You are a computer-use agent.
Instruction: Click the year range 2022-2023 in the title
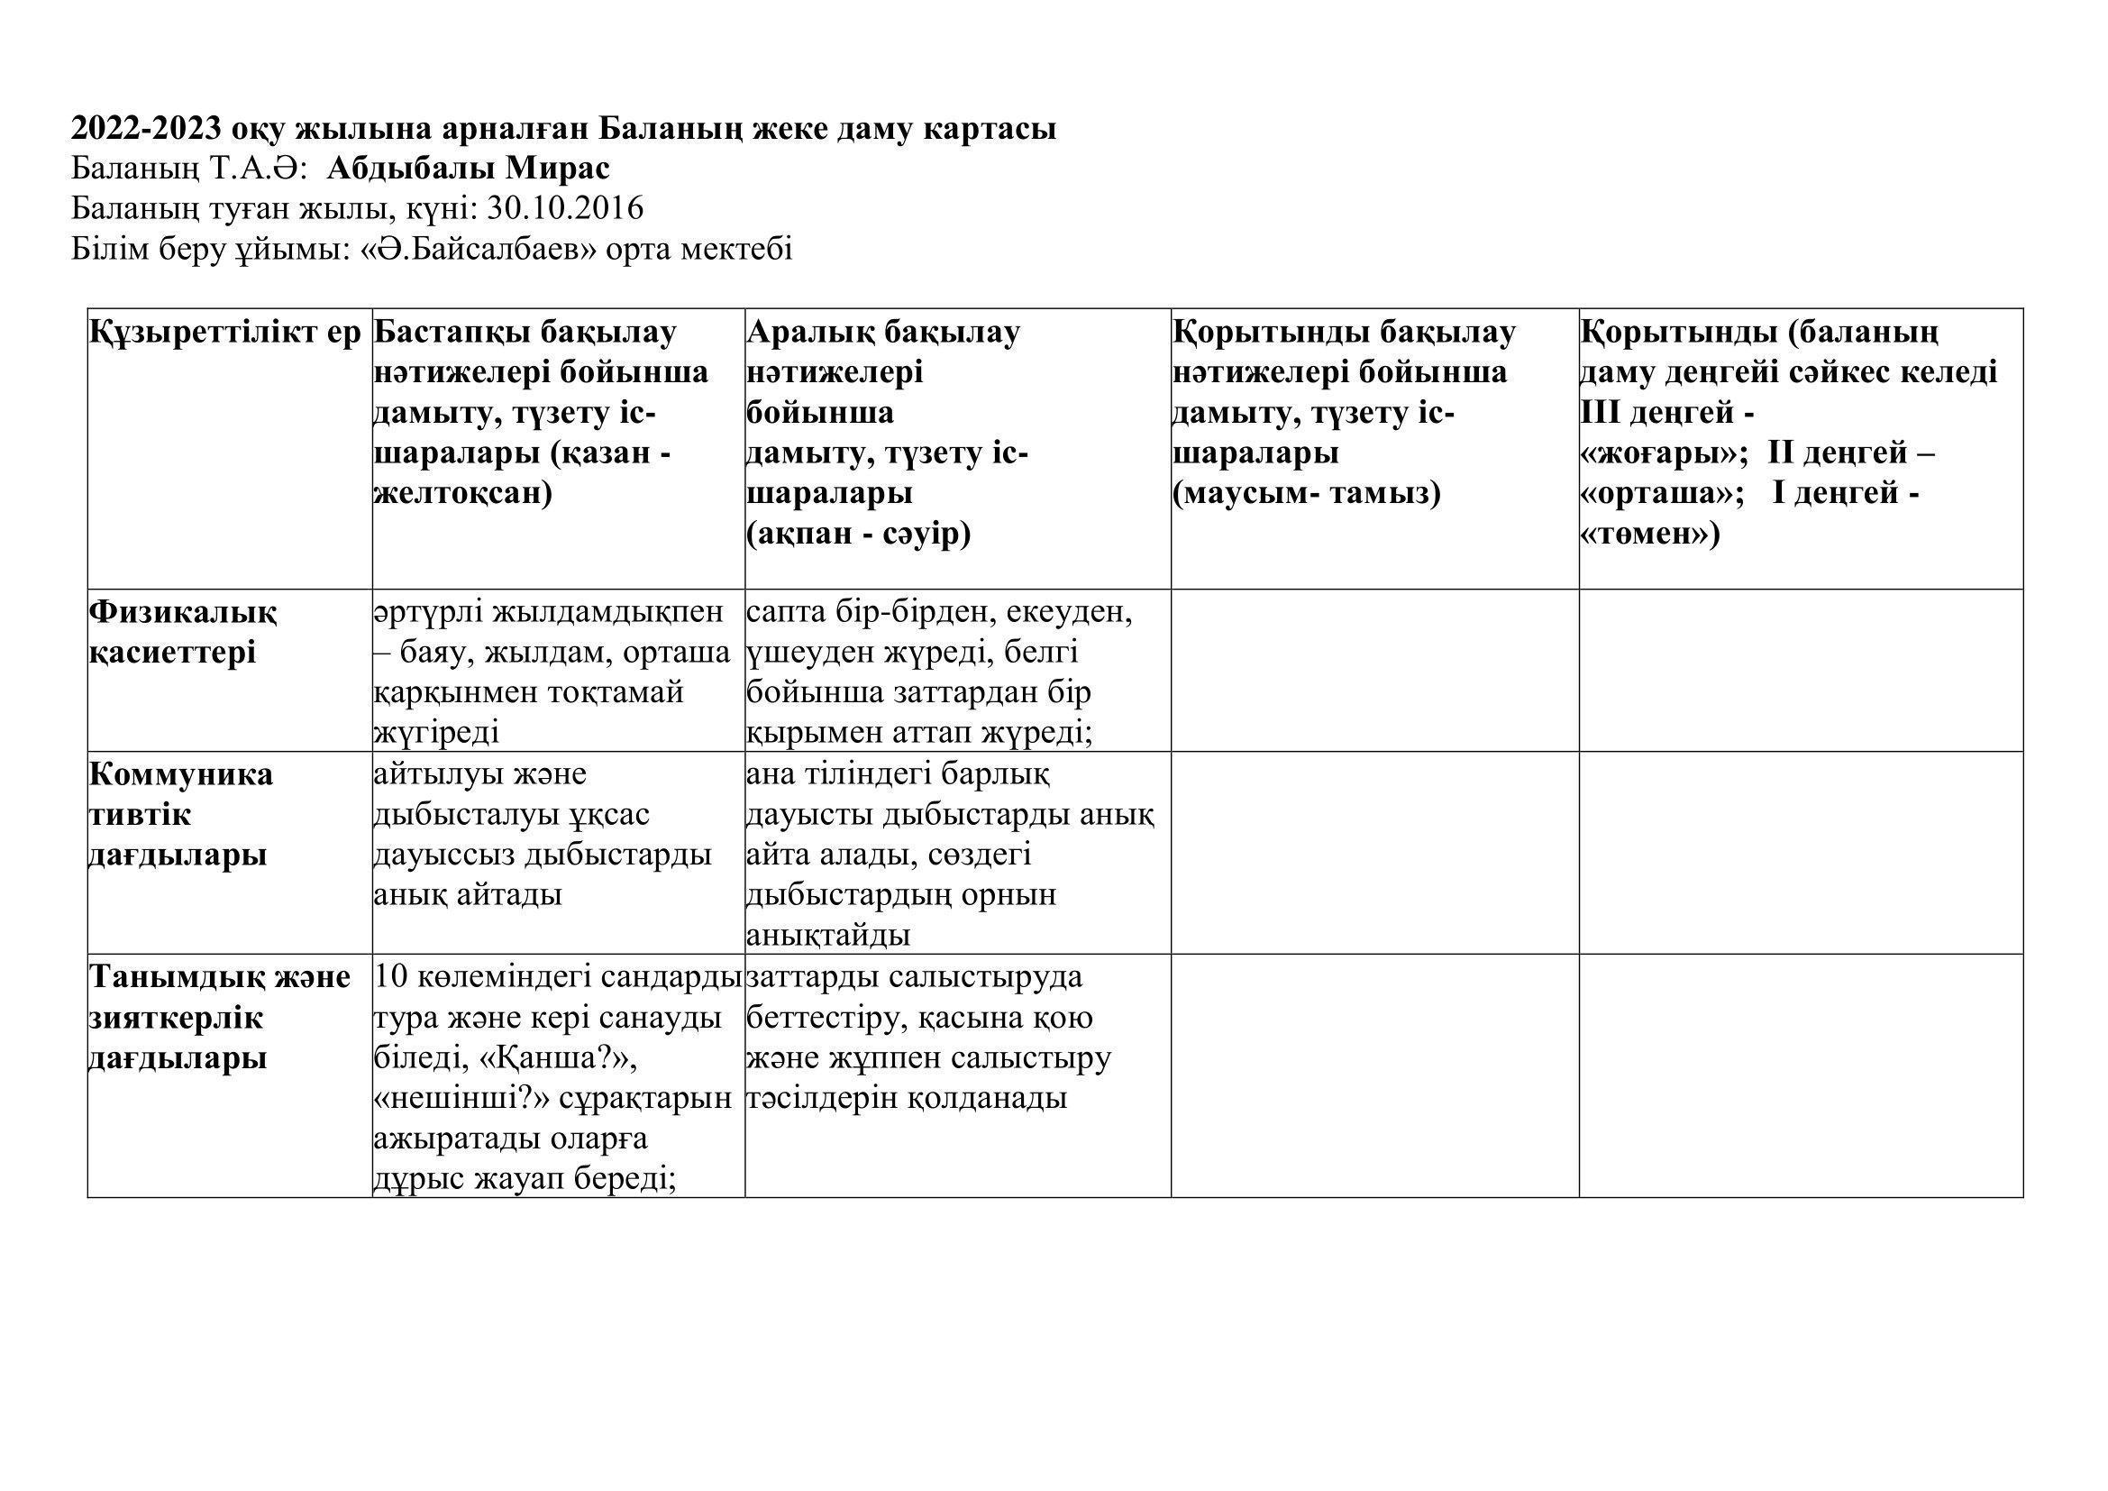145,129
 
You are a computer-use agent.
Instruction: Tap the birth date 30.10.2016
566,209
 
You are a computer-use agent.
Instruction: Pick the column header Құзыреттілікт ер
225,333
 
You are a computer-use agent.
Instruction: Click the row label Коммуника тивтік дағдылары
181,814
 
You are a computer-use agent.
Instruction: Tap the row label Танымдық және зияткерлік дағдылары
219,1017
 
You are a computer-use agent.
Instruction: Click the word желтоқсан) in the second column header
462,494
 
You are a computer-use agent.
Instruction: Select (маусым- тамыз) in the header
1307,494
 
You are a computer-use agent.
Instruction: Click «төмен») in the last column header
1649,535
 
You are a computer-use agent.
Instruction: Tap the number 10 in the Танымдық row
390,977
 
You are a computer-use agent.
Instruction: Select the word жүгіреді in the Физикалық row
437,733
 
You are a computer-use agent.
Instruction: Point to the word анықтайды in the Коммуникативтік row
828,936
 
